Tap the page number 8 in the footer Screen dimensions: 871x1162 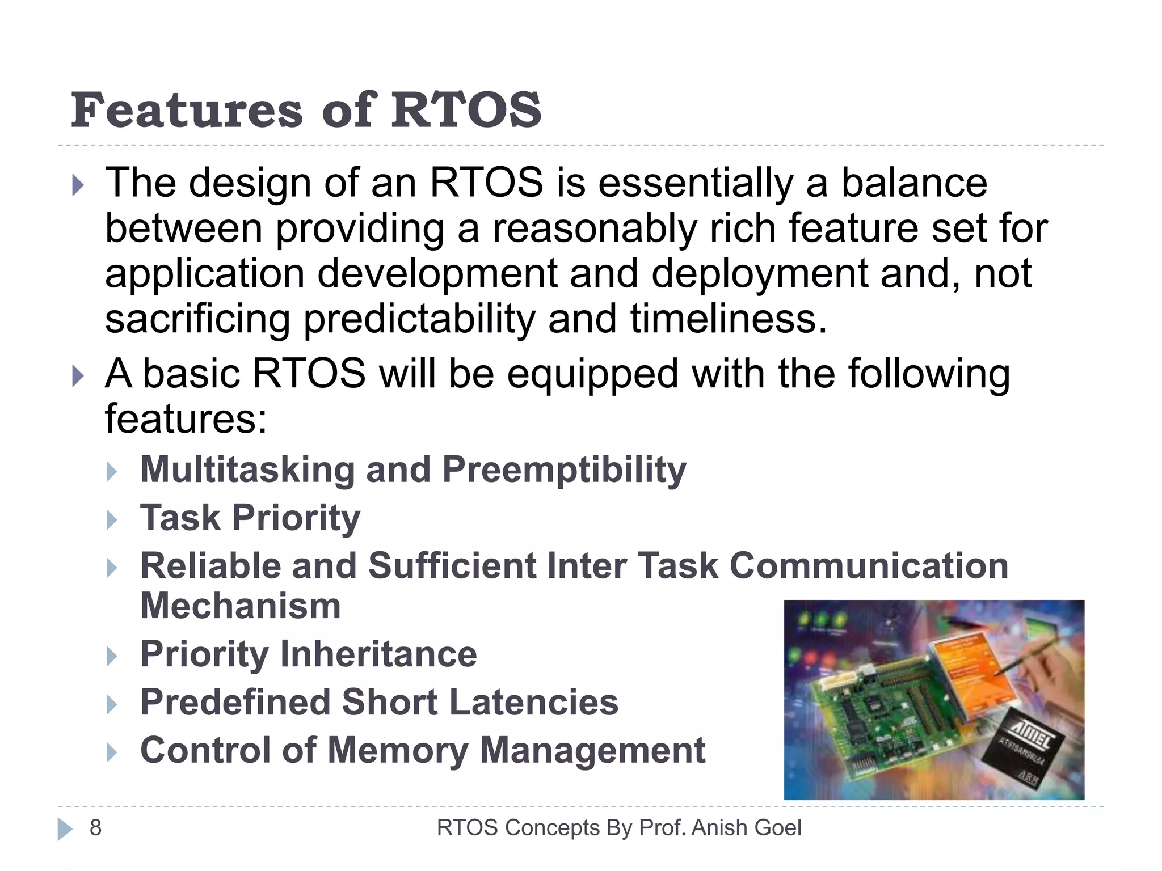pos(95,828)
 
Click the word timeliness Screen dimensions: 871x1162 pos(728,319)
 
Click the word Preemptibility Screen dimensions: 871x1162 pos(564,471)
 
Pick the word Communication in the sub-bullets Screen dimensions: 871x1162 pos(869,566)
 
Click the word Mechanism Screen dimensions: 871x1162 pos(241,606)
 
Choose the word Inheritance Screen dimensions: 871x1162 pos(378,654)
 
